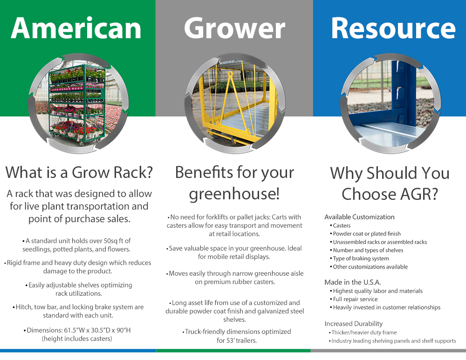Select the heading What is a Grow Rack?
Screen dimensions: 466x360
point(79,172)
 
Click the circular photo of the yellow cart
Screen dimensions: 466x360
point(234,103)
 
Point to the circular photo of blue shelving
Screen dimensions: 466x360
point(391,103)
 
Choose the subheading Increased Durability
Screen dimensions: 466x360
point(353,324)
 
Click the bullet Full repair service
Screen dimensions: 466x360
point(355,299)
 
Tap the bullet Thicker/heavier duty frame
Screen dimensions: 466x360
point(364,333)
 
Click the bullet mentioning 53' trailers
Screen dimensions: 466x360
point(237,336)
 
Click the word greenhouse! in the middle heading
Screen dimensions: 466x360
point(234,193)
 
